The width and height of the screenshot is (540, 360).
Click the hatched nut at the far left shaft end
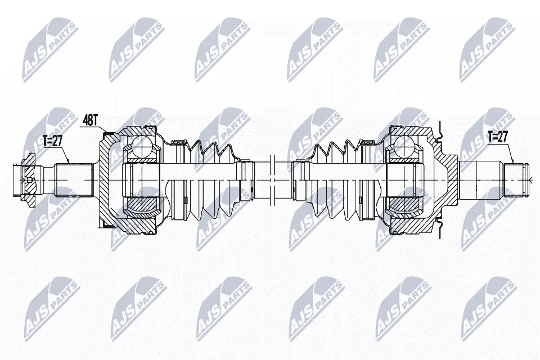pos(25,179)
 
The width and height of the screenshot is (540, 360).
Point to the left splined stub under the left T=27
pos(73,179)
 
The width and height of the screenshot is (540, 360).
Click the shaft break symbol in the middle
pos(271,179)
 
